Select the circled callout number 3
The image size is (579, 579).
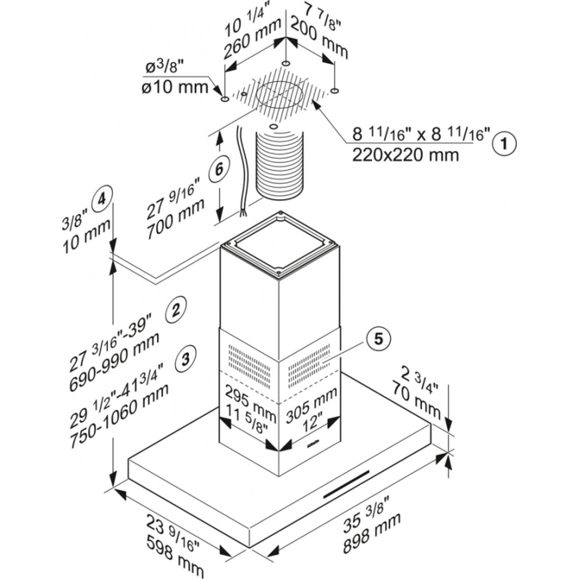(x=185, y=358)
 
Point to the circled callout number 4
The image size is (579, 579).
(x=102, y=200)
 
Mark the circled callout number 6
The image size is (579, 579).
(x=219, y=169)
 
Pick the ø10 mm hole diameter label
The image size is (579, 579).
(x=175, y=88)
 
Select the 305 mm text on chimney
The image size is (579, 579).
(x=312, y=405)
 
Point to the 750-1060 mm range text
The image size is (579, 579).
(x=119, y=416)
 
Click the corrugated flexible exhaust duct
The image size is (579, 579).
(x=279, y=164)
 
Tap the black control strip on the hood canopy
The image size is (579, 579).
(x=347, y=484)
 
